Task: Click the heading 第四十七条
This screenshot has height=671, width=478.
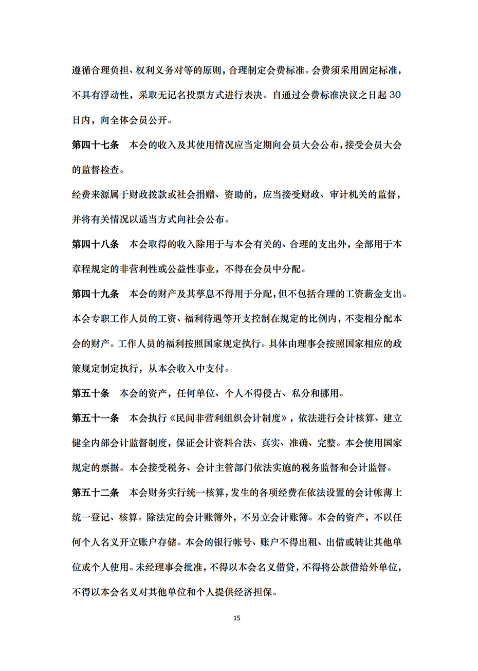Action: pos(95,145)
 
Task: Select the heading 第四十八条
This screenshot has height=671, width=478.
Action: pos(95,244)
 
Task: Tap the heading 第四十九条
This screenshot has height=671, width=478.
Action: pos(95,294)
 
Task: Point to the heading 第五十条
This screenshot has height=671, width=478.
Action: pos(90,393)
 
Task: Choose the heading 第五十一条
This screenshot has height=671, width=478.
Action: pos(95,418)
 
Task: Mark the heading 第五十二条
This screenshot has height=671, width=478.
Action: pos(95,493)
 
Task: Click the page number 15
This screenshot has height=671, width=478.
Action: pos(236,618)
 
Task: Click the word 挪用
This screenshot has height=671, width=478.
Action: pos(329,393)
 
